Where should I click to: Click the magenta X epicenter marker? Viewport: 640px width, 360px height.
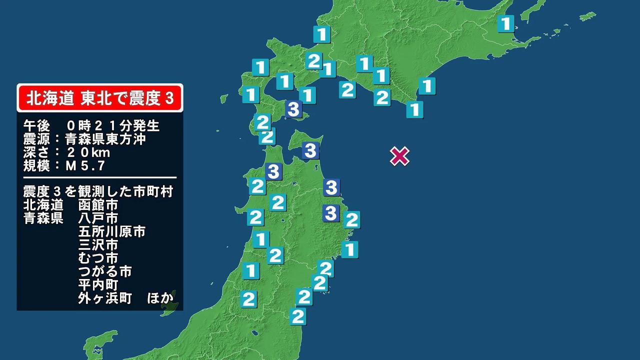[399, 156]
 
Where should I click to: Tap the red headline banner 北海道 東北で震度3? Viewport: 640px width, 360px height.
[100, 98]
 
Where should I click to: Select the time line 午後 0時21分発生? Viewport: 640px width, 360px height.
[91, 125]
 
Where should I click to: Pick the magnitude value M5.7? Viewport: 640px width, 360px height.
[85, 165]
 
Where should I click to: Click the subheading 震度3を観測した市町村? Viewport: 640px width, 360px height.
[98, 191]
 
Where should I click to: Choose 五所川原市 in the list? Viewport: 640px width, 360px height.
[111, 232]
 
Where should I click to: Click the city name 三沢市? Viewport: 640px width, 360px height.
[98, 245]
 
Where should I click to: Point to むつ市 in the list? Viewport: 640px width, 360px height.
[98, 258]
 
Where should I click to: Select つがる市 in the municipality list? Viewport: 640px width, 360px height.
[105, 272]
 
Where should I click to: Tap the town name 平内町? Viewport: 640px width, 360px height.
[98, 285]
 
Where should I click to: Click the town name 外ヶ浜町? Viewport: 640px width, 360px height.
[105, 298]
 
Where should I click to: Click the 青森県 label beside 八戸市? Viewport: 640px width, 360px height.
[43, 218]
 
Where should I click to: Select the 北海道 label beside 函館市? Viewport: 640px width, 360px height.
[43, 205]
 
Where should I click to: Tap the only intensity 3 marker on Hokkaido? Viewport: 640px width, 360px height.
[293, 108]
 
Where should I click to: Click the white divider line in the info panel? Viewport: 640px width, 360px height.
[100, 177]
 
